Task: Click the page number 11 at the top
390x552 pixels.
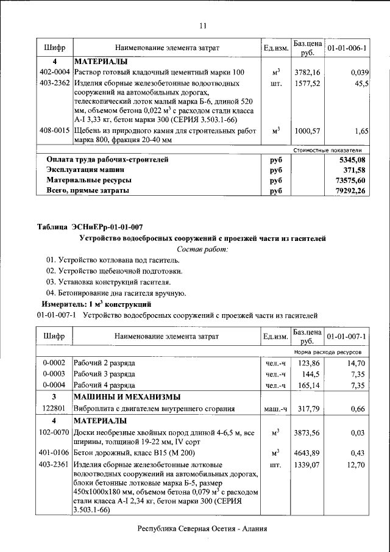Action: tap(203, 26)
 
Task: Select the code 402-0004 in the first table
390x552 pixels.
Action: tap(54, 73)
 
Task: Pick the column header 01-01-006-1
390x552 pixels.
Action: tap(347, 48)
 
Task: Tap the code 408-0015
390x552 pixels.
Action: tap(54, 131)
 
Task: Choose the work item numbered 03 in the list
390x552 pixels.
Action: tap(108, 282)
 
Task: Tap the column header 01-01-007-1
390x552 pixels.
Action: tap(347, 336)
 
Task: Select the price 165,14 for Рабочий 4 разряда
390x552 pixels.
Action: tap(307, 385)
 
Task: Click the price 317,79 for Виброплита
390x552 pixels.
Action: tap(307, 409)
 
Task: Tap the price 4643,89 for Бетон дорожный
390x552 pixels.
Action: tap(307, 454)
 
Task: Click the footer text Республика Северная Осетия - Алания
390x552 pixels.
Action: tap(203, 529)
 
